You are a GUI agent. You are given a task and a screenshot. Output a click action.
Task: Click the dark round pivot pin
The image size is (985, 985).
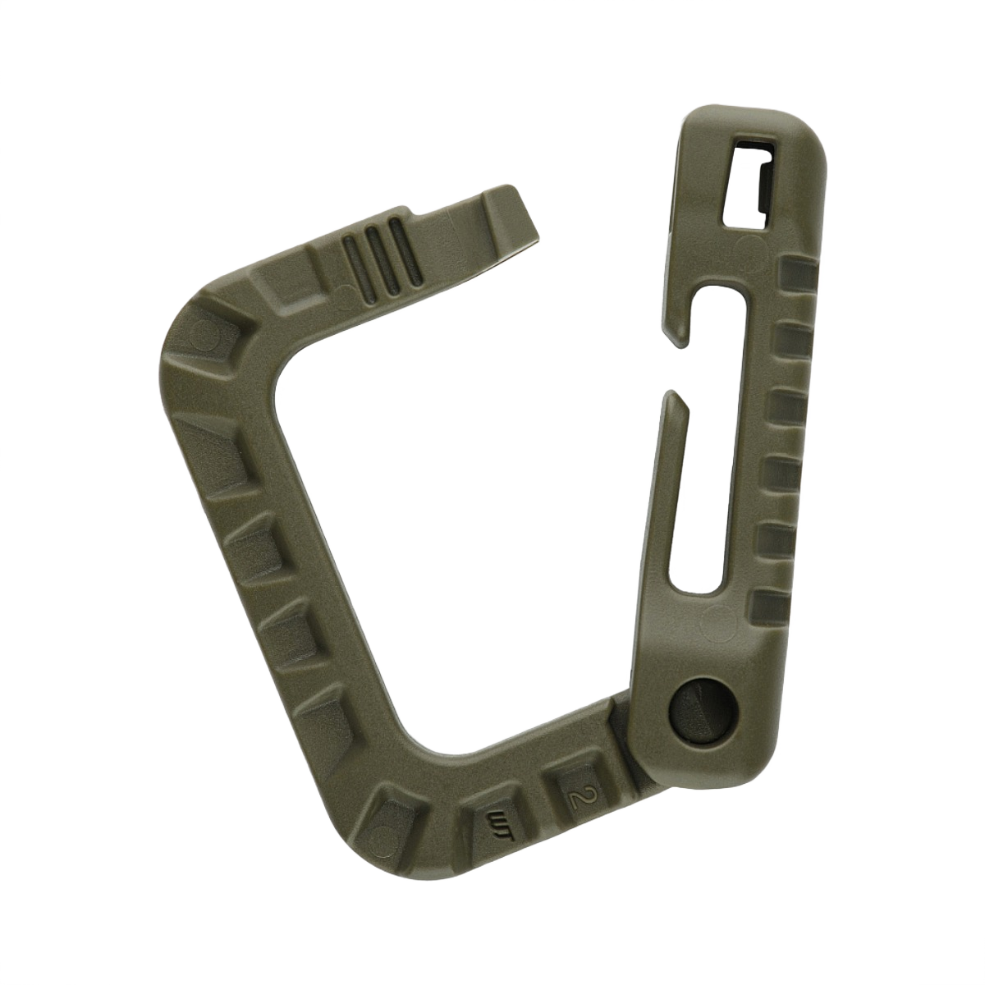click(x=699, y=708)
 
